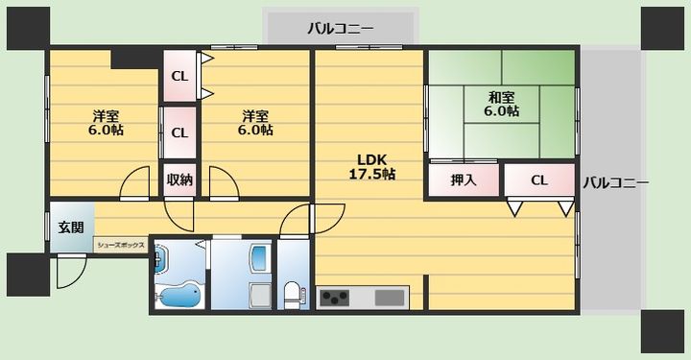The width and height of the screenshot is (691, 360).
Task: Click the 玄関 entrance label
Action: tap(70, 228)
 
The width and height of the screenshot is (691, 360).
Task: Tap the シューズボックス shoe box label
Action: tap(120, 246)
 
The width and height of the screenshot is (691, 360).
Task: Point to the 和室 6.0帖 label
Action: tap(501, 104)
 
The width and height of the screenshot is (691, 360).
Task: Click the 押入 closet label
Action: tap(465, 180)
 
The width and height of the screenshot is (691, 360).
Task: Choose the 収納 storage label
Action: tap(179, 180)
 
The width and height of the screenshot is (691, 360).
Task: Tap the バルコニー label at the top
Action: tap(340, 27)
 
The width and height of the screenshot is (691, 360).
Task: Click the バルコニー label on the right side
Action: tap(615, 181)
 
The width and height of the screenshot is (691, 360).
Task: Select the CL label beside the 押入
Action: tap(538, 180)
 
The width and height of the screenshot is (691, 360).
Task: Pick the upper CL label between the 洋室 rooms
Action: tap(179, 77)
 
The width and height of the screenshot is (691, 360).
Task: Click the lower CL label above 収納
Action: tap(179, 133)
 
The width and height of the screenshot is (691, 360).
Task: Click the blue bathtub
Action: tap(179, 295)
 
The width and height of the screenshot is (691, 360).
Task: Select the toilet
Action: tap(293, 293)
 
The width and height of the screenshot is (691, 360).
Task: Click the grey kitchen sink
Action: tap(391, 296)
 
